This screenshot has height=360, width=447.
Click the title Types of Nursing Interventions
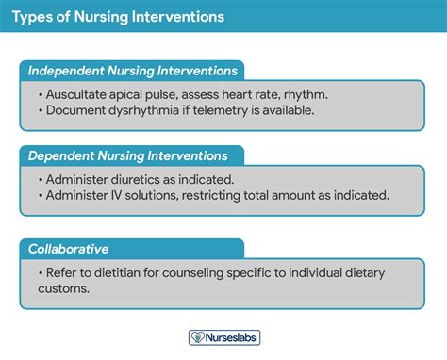(118, 17)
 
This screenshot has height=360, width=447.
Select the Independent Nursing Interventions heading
(132, 71)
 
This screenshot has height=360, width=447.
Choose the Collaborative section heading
(68, 248)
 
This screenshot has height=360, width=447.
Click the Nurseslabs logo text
(232, 336)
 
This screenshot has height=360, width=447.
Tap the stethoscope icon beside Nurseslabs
(197, 336)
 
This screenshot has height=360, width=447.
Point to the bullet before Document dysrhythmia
(41, 110)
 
